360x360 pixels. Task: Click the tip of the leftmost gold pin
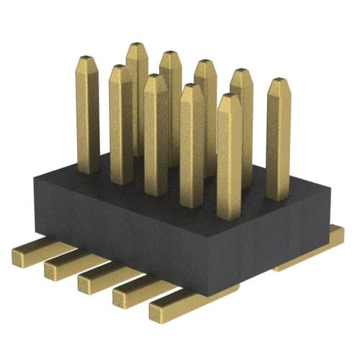click(87, 57)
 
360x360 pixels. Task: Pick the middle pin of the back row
click(206, 108)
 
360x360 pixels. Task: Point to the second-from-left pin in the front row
click(120, 122)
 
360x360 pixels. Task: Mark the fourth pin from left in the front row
click(192, 144)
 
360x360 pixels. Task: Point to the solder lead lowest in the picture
click(176, 308)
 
